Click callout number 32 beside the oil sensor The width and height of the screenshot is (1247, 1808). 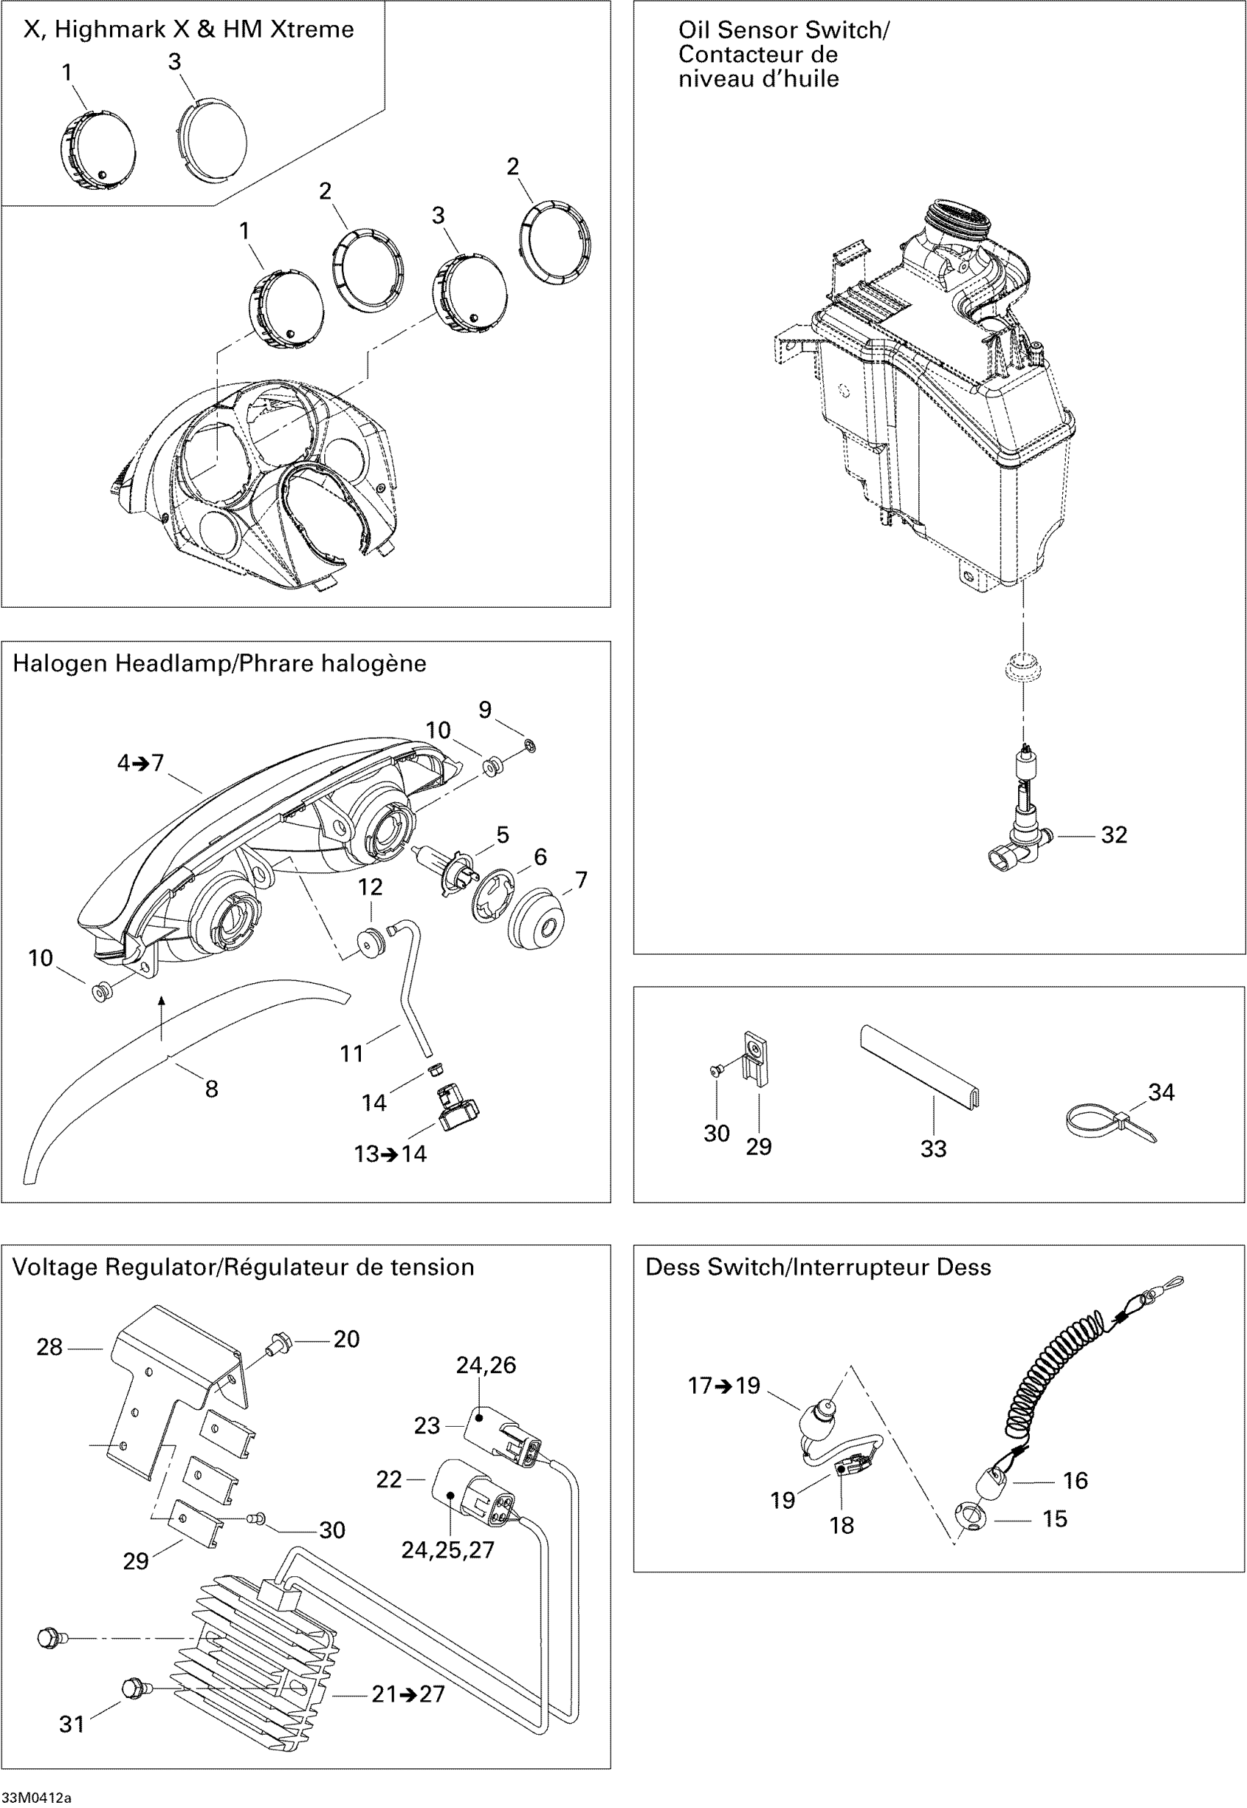click(1113, 835)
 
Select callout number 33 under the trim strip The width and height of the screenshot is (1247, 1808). click(933, 1148)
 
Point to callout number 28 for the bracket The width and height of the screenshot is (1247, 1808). click(49, 1348)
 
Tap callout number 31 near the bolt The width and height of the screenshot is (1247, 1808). click(72, 1724)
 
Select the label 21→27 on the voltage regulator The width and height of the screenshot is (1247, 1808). click(408, 1694)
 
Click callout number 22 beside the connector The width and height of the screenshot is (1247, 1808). click(389, 1480)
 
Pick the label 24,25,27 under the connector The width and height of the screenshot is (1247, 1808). click(447, 1549)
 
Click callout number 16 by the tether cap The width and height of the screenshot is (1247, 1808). click(1075, 1480)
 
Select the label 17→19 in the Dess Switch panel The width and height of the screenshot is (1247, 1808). click(723, 1386)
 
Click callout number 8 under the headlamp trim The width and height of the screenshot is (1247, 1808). click(211, 1089)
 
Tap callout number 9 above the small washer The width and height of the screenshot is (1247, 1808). click(485, 710)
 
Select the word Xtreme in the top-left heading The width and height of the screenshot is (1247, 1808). click(312, 29)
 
